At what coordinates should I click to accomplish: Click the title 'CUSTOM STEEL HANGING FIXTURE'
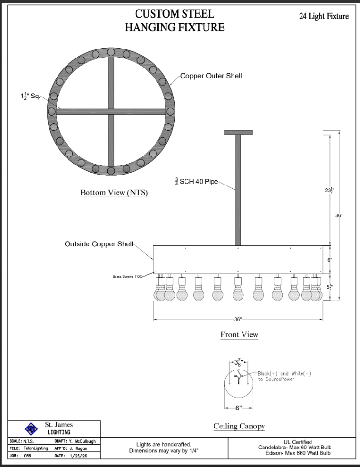point(175,20)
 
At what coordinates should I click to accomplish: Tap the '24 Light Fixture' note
point(324,16)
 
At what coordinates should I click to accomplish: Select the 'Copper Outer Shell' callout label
point(211,76)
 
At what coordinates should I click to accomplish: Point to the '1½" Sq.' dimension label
point(30,96)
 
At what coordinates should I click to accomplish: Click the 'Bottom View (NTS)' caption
point(114,193)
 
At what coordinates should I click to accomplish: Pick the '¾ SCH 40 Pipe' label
point(196,181)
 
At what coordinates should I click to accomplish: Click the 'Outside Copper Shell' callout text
point(99,244)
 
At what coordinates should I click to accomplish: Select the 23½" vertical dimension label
point(330,190)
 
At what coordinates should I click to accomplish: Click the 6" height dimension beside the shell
point(330,260)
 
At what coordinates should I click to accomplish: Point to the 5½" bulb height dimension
point(330,287)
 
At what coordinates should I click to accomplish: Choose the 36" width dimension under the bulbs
point(238,319)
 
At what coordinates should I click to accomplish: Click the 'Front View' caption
point(239,334)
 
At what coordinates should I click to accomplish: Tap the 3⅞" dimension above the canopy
point(239,362)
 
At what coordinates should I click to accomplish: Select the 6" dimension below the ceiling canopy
point(239,408)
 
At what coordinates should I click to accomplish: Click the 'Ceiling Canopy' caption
point(239,426)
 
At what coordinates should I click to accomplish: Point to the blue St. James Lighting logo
point(31,429)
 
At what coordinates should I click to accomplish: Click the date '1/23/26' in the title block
point(78,456)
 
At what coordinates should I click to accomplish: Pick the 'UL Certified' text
point(298,442)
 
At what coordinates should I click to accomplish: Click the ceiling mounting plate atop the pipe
point(238,133)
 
